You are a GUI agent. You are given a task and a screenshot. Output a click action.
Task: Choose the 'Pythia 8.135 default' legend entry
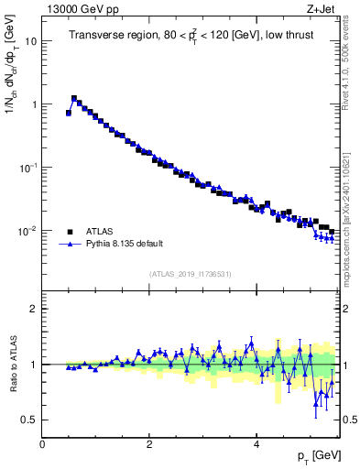pyautogui.click(x=121, y=245)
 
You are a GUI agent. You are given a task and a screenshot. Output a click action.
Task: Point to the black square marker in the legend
pyautogui.click(x=70, y=232)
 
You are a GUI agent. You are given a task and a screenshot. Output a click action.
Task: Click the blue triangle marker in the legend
pyautogui.click(x=70, y=245)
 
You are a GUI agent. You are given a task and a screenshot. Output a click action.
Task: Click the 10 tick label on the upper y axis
pyautogui.click(x=31, y=41)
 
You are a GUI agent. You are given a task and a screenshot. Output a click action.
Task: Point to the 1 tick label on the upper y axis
pyautogui.click(x=34, y=104)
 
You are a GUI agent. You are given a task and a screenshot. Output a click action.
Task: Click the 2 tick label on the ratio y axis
pyautogui.click(x=34, y=309)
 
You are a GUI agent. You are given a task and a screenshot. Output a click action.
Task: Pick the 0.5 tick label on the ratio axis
pyautogui.click(x=30, y=420)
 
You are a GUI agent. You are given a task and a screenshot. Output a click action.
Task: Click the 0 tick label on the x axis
pyautogui.click(x=42, y=444)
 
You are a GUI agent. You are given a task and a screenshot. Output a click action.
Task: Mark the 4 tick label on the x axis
pyautogui.click(x=256, y=444)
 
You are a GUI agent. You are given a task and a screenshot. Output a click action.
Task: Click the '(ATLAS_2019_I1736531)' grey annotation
pyautogui.click(x=191, y=274)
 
